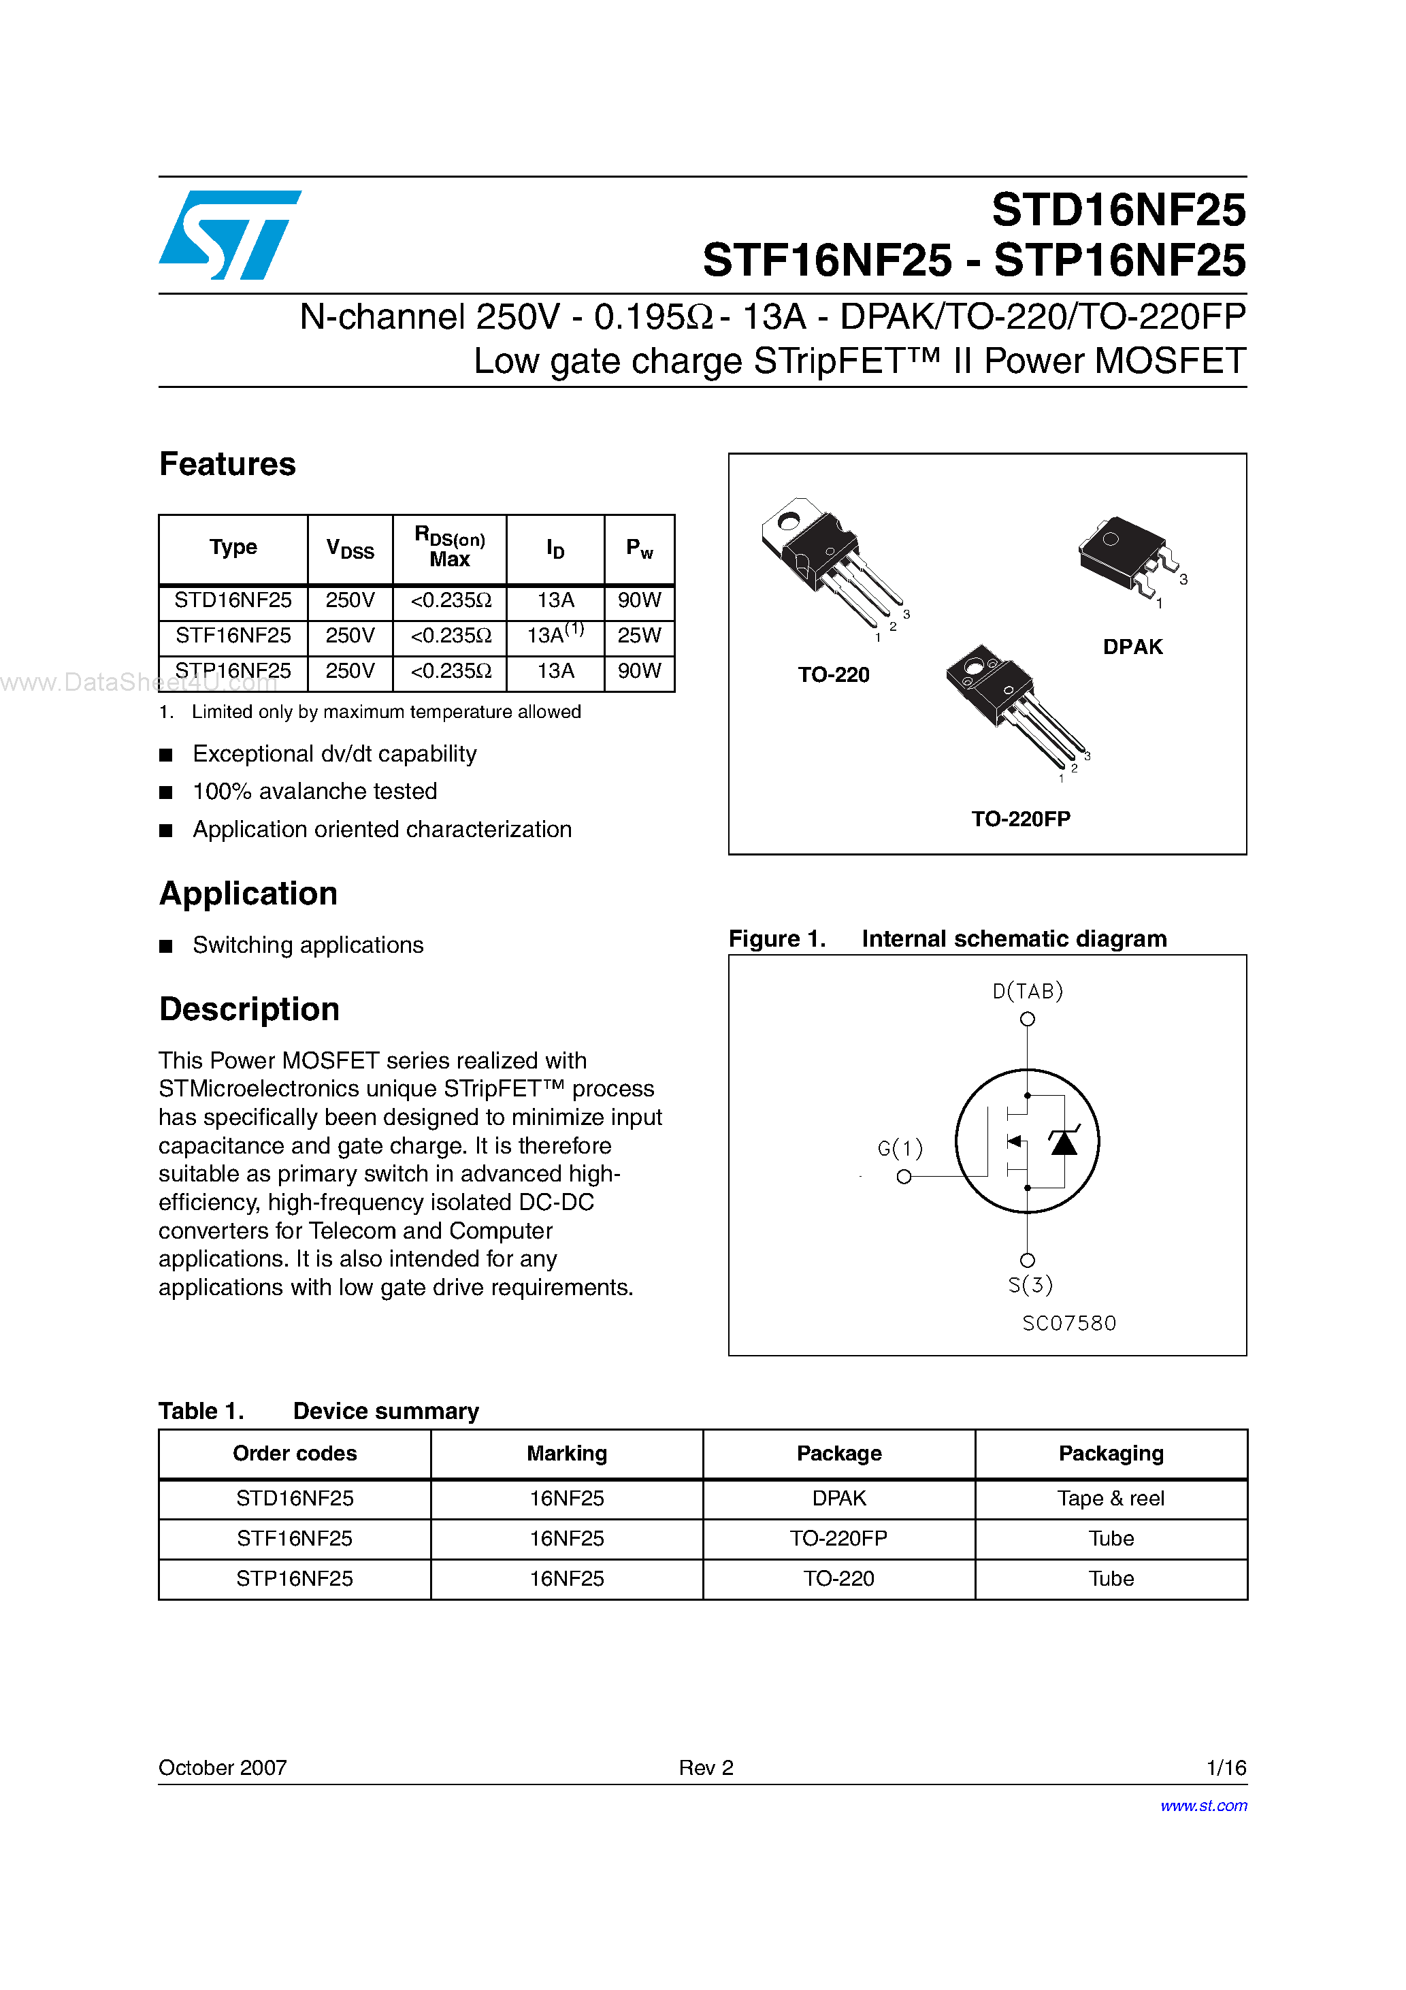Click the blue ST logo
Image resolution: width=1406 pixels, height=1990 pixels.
point(230,234)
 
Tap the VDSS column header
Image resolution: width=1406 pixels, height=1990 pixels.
point(350,549)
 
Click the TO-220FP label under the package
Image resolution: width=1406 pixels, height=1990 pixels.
point(1020,818)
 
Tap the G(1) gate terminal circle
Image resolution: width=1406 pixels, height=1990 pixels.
point(904,1176)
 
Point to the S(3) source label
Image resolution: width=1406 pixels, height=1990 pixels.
point(1030,1284)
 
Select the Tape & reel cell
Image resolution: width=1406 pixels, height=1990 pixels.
point(1111,1499)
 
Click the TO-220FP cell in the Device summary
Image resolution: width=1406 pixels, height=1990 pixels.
point(838,1538)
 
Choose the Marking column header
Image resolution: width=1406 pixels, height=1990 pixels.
point(567,1454)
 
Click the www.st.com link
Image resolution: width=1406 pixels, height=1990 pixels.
point(1203,1806)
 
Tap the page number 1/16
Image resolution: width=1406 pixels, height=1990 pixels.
point(1226,1767)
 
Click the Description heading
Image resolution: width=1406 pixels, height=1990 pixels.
point(250,1010)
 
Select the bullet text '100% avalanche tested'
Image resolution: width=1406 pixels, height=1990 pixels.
point(314,792)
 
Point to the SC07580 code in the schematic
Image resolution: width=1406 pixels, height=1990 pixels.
point(1069,1324)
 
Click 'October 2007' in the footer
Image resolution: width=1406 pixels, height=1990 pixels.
point(223,1767)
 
